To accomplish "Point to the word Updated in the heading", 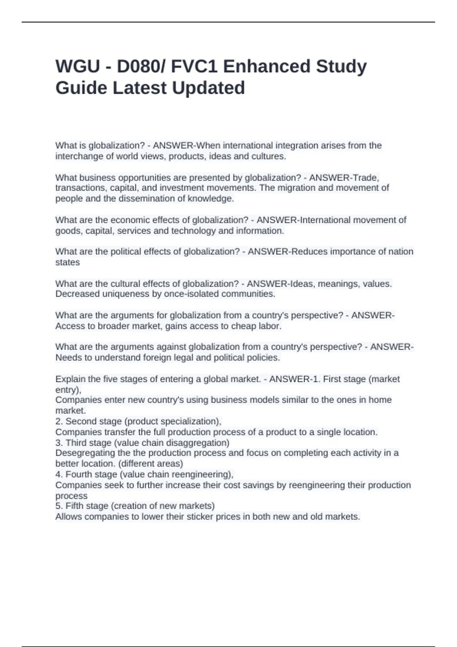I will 208,88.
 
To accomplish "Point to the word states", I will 67,262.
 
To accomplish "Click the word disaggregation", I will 199,443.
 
